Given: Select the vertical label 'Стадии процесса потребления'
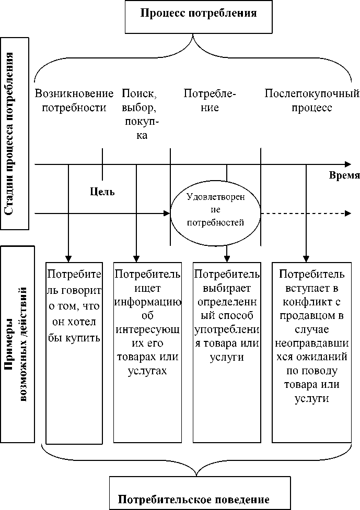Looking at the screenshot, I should [15, 133].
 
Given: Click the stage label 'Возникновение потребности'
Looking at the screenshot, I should [74, 101].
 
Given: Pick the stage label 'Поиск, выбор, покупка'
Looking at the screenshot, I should [140, 114].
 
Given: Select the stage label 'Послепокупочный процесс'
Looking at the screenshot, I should [312, 101].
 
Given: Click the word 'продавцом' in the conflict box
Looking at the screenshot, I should [311, 317].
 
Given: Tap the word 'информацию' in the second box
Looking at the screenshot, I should [148, 302].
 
